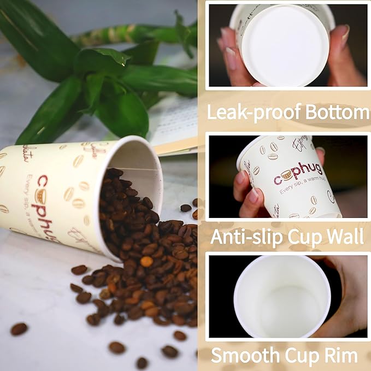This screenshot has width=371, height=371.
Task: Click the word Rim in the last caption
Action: (x=344, y=355)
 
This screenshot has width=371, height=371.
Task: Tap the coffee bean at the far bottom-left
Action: (x=19, y=328)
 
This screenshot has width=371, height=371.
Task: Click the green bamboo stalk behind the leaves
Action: (x=126, y=36)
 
